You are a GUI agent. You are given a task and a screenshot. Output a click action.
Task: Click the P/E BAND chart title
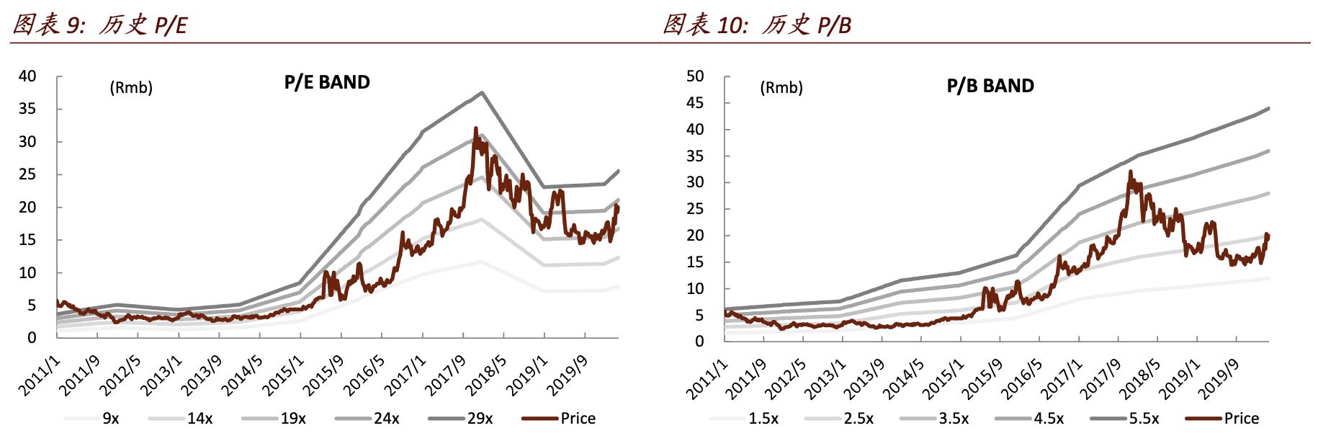pos(327,82)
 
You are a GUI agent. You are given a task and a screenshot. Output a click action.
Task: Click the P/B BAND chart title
pos(990,86)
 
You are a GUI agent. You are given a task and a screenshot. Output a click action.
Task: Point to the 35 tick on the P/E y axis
pos(27,109)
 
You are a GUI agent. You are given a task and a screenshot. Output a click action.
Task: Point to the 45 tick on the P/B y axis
pos(695,103)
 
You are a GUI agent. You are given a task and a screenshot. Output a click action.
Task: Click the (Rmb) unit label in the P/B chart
pos(781,88)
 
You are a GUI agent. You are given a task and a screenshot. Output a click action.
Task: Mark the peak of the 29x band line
pos(482,92)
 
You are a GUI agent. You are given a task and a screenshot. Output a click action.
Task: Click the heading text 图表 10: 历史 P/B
pos(757,24)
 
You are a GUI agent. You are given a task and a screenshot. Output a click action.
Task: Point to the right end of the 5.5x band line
pos(1268,109)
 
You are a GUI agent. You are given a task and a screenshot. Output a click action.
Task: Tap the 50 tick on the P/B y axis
pos(695,76)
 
